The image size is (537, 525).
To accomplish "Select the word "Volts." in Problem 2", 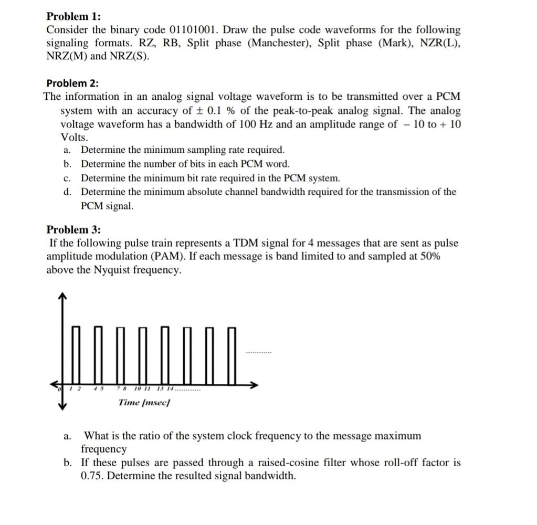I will click(75, 138).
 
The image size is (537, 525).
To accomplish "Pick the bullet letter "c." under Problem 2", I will click(67, 178).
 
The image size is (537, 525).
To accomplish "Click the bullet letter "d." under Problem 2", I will click(67, 192).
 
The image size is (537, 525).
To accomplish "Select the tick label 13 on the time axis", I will click(160, 389).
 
